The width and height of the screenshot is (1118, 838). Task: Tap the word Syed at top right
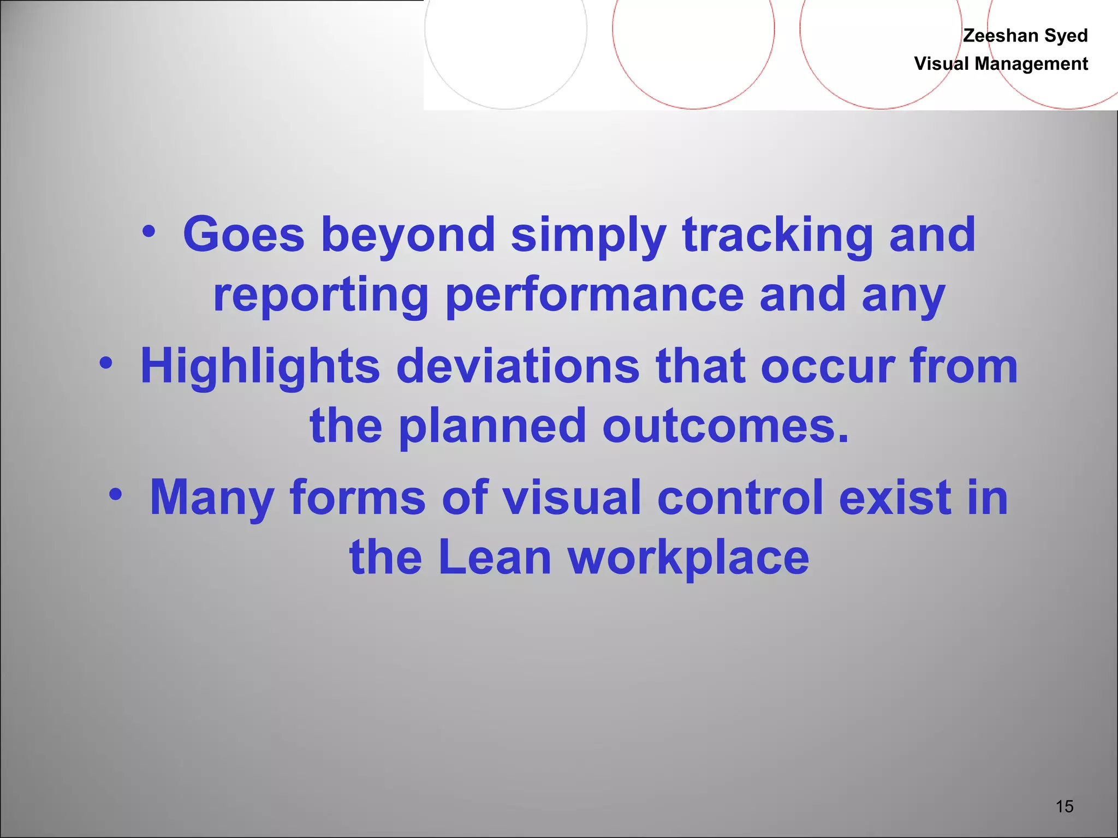pos(1066,36)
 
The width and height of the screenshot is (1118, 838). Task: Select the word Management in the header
pos(1031,64)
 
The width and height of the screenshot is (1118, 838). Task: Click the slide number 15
pos(1065,806)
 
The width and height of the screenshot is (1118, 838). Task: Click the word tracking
pos(777,236)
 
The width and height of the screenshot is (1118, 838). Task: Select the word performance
pos(594,295)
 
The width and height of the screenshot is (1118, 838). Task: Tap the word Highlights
pos(260,366)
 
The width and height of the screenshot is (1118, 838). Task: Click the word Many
pos(212,498)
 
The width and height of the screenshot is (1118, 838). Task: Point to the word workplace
pos(688,558)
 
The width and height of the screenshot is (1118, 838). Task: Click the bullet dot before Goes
pos(149,232)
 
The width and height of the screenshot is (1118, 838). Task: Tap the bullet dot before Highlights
pos(106,363)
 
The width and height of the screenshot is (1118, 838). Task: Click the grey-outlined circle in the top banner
pos(506,33)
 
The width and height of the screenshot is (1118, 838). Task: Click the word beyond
pos(408,236)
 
